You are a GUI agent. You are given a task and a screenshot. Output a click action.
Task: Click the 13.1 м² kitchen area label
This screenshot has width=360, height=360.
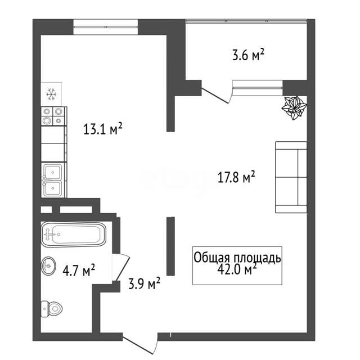[102, 129]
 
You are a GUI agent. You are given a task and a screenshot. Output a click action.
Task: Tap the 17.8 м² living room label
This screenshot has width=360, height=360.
[236, 177]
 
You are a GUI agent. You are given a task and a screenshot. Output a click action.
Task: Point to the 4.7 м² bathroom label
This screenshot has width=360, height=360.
[79, 270]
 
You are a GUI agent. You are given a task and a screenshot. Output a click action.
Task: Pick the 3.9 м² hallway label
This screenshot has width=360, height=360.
[144, 283]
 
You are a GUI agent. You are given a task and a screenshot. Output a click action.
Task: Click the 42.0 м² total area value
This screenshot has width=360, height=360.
[237, 269]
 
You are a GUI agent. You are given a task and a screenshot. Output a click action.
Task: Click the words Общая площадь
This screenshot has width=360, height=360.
[237, 258]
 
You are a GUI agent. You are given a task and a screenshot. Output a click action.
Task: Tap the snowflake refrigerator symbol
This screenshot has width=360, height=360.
[51, 94]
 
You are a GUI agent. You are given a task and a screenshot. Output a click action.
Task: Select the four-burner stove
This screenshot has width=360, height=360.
[54, 116]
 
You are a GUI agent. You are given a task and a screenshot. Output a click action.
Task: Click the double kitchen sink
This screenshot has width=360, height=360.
[52, 180]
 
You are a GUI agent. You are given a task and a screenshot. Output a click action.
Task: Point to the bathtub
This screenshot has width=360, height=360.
[74, 235]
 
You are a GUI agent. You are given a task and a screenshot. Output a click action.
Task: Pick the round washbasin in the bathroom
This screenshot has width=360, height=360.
[48, 265]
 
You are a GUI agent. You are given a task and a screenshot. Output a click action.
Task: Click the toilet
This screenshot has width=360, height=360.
[52, 309]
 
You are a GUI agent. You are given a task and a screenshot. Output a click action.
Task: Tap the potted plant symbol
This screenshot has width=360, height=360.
[294, 107]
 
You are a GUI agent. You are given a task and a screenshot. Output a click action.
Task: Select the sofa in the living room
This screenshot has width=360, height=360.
[291, 177]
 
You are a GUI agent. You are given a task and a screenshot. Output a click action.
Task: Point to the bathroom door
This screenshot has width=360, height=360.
[121, 267]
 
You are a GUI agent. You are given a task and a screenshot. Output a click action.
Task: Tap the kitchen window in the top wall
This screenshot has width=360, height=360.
[106, 27]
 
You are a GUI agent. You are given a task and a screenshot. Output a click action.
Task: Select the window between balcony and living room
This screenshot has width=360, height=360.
[258, 88]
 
